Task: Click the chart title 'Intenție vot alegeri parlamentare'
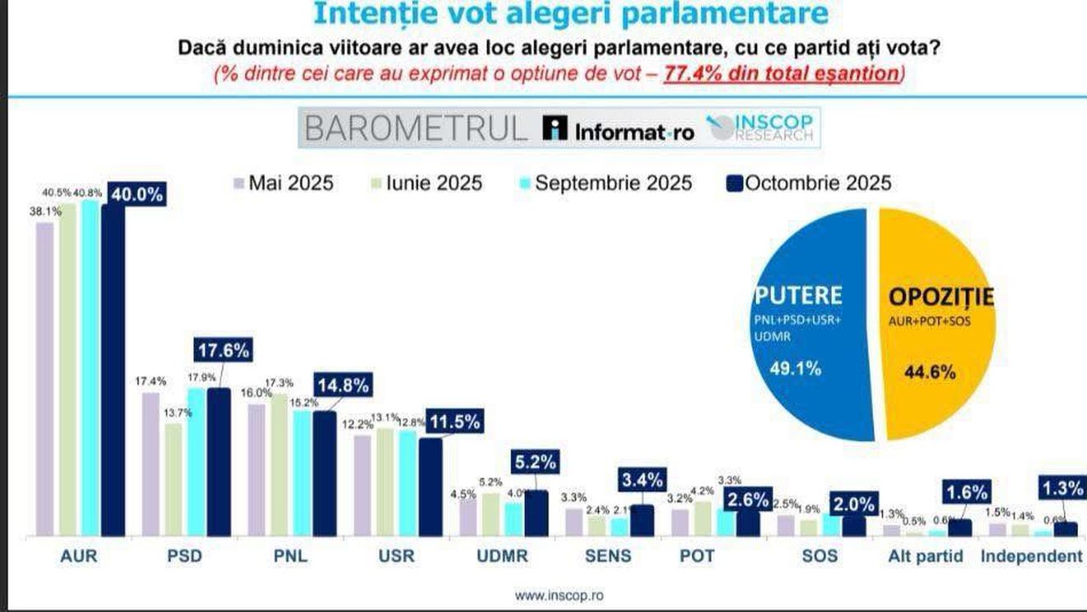click(571, 14)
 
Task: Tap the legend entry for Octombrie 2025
click(809, 182)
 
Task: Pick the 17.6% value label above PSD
click(221, 349)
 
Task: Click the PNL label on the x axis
click(290, 556)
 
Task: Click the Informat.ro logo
click(618, 130)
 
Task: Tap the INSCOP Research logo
click(763, 128)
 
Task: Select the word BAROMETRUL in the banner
click(415, 129)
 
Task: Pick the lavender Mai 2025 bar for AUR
click(44, 379)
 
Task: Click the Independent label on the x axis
click(1031, 556)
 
